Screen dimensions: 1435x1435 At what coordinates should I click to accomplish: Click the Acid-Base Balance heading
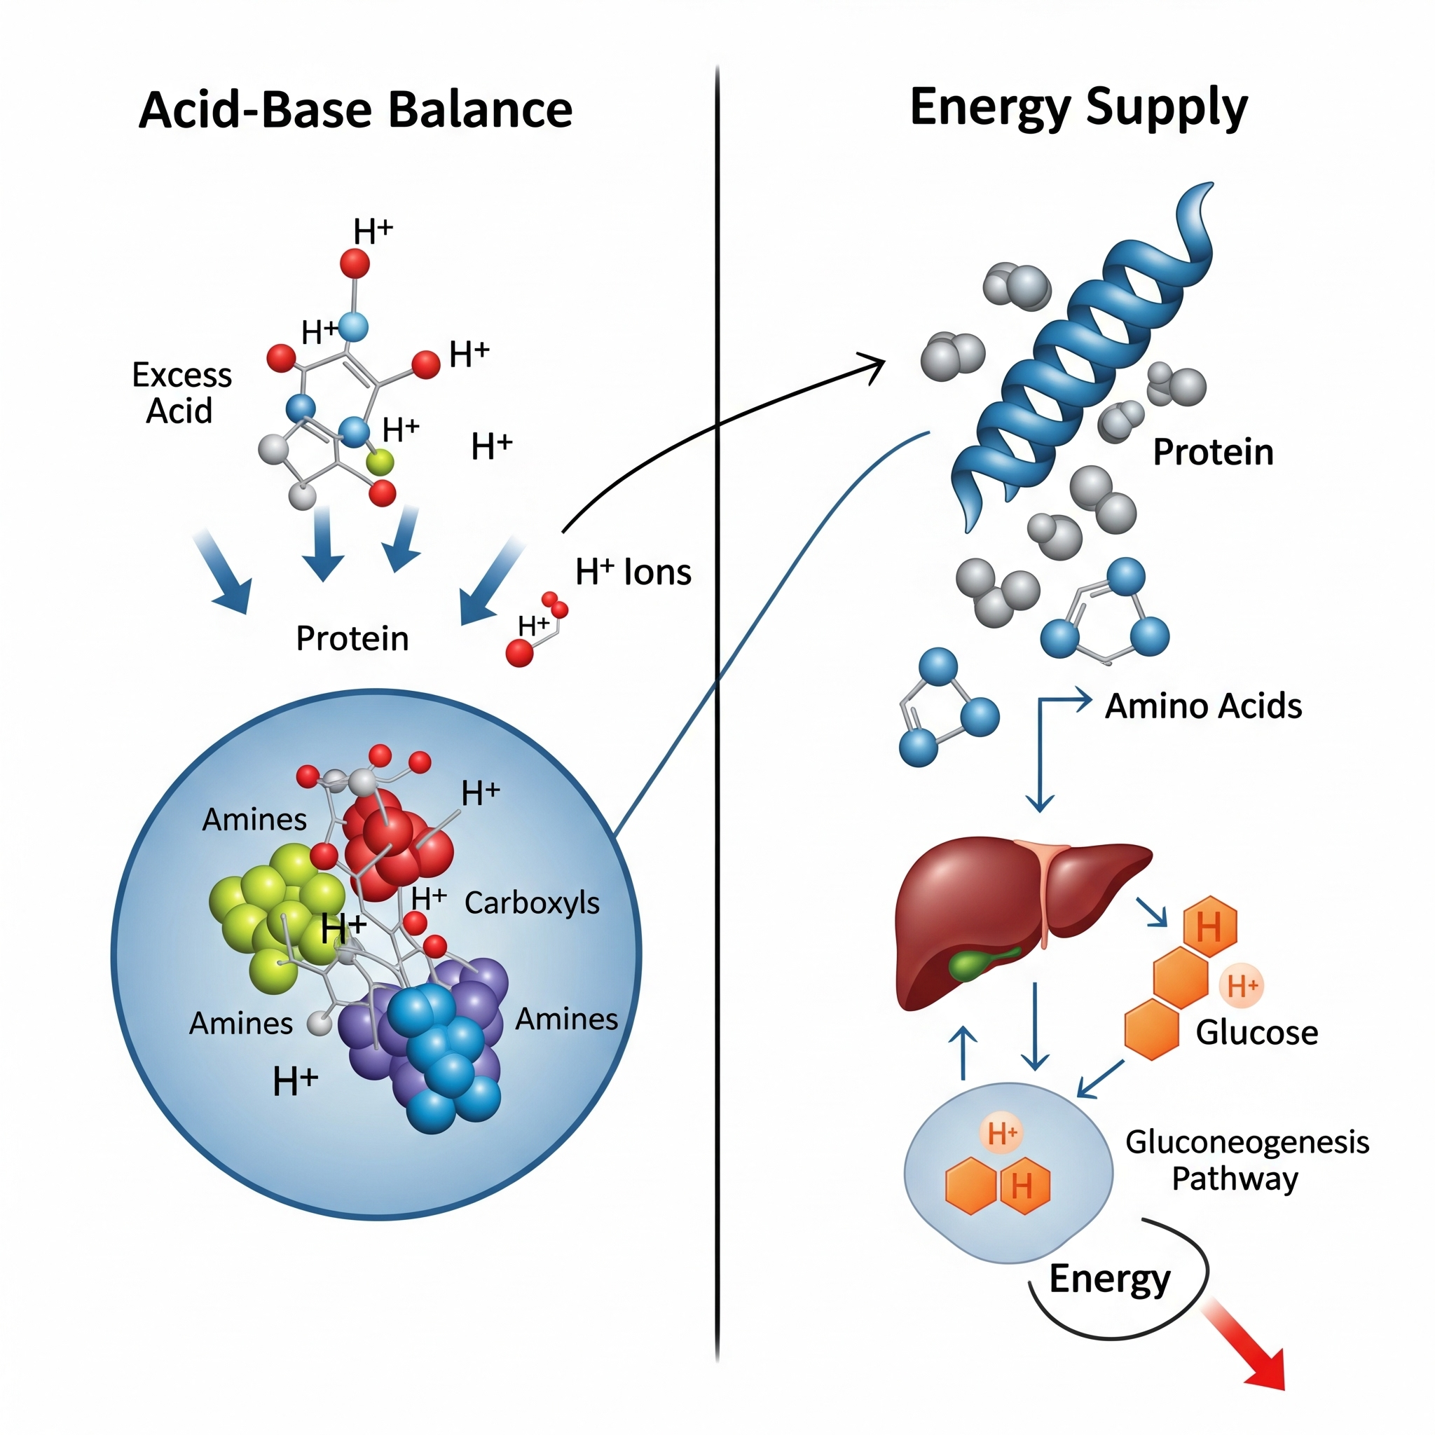point(355,110)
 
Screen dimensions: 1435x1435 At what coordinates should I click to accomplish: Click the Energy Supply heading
point(1078,109)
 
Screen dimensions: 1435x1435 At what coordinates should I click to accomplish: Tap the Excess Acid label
point(181,393)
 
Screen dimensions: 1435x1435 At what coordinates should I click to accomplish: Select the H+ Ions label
point(633,572)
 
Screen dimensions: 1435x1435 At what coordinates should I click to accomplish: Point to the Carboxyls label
point(532,902)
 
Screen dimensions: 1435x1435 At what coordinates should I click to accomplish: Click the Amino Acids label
point(1203,706)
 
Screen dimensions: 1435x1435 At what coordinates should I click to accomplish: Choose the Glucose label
point(1257,1032)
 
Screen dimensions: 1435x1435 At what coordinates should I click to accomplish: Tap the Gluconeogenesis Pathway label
point(1247,1160)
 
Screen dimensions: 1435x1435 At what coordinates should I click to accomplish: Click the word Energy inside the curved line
point(1110,1279)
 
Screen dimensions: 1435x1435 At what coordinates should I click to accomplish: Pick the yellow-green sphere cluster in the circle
point(275,914)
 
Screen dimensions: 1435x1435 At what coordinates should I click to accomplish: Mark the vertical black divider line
point(717,743)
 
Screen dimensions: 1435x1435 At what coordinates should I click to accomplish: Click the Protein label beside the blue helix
point(1212,453)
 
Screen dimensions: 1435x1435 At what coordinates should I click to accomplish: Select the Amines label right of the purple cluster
point(566,1019)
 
